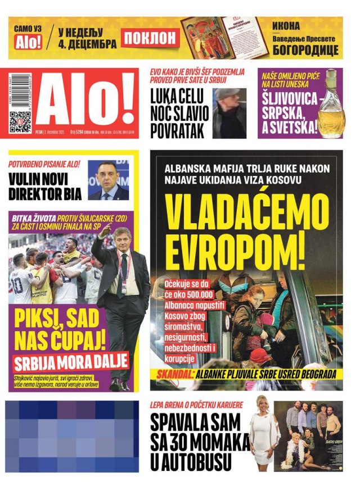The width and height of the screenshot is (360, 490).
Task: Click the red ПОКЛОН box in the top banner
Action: point(150,38)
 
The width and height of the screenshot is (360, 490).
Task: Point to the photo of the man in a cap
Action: point(229,113)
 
